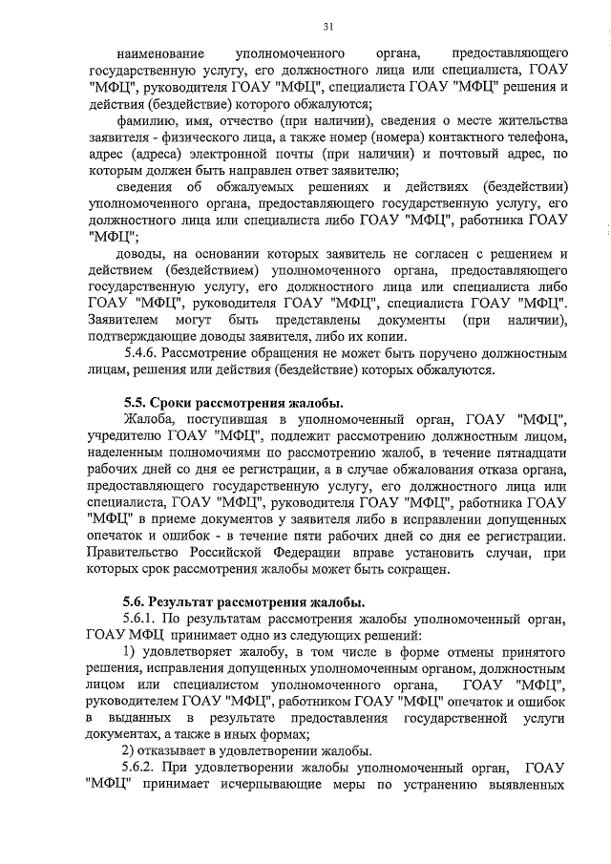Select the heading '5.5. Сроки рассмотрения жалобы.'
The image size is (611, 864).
(233, 401)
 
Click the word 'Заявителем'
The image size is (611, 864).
(122, 320)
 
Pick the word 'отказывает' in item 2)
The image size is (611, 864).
(163, 751)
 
